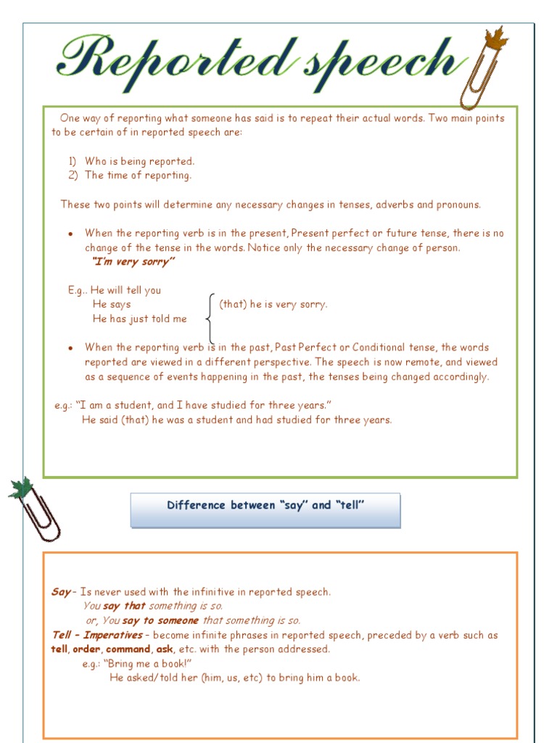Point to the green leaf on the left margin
tap(21, 487)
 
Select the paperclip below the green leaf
tap(41, 517)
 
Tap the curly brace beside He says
tap(210, 319)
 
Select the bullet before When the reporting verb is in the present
tap(70, 234)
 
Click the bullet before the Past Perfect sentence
tap(70, 348)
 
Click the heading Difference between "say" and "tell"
tap(265, 506)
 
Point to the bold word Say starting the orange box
tap(61, 592)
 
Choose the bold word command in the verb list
tap(128, 649)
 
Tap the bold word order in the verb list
tap(86, 649)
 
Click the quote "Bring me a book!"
tap(148, 664)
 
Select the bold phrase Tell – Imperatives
tap(97, 636)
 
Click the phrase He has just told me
tap(139, 319)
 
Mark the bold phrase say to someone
tap(160, 621)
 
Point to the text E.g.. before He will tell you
tap(78, 290)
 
